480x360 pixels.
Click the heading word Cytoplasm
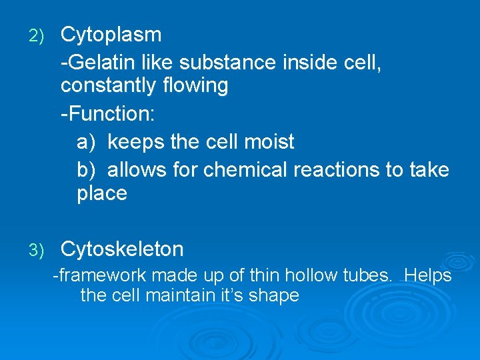111,35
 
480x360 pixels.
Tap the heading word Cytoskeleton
122,249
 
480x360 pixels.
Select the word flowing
201,85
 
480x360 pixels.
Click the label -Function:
108,113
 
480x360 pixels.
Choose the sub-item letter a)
87,142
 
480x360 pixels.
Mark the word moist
269,142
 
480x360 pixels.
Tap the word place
102,194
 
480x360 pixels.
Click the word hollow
309,276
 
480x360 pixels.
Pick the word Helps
428,276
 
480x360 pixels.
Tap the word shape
275,296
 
